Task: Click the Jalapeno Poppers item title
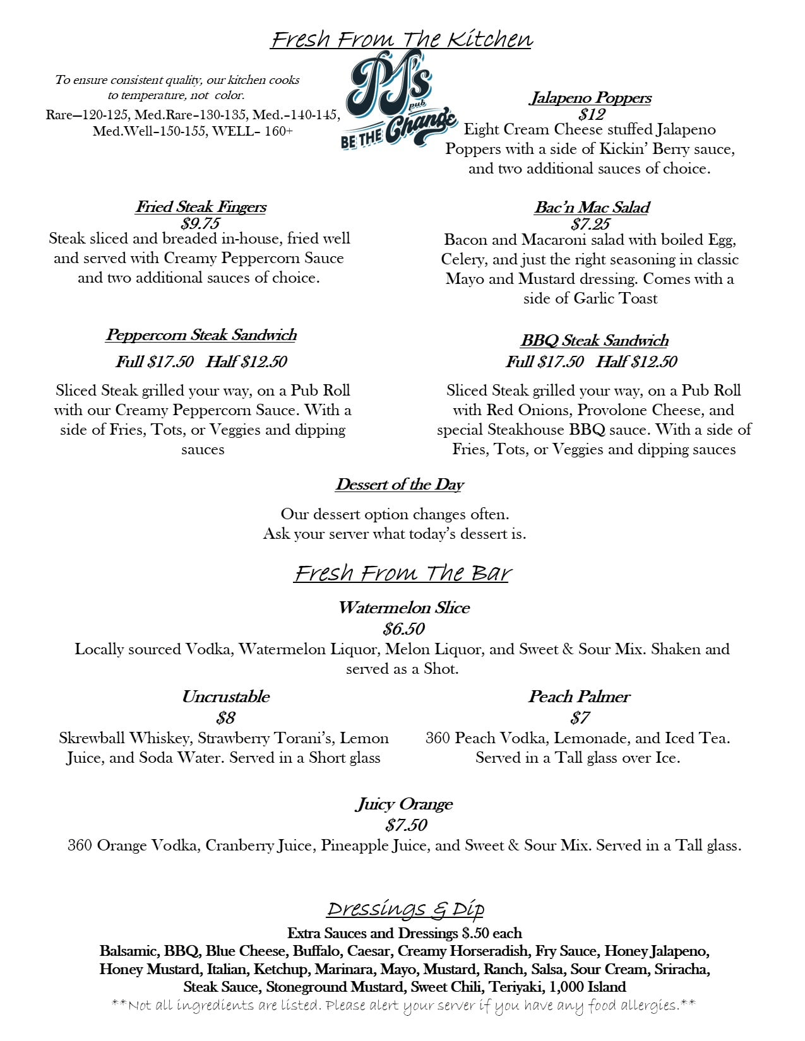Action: (590, 98)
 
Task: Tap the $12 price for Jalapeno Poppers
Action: (592, 114)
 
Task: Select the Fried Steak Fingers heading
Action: (201, 207)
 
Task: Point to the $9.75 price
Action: (200, 223)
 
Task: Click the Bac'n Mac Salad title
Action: (592, 208)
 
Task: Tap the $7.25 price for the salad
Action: (590, 224)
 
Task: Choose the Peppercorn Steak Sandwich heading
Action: (201, 335)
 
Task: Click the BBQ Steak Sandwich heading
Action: (594, 341)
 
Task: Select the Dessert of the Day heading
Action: (399, 485)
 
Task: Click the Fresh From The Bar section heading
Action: (402, 573)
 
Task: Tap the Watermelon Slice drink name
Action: (403, 608)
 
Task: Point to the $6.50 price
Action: (403, 629)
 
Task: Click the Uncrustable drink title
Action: (225, 697)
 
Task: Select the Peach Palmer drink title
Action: (579, 697)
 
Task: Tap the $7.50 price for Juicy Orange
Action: (406, 825)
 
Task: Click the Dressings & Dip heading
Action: (405, 909)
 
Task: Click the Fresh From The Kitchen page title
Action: (402, 39)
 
